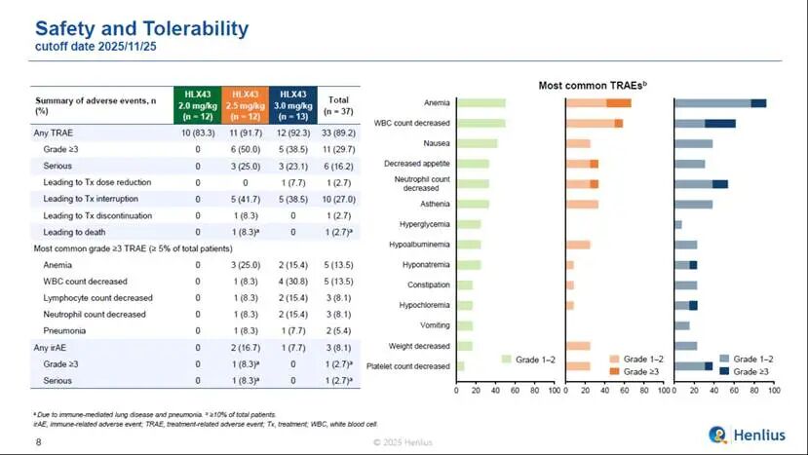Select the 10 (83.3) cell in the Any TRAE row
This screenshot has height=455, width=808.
pos(198,132)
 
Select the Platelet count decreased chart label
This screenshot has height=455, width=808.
pos(406,366)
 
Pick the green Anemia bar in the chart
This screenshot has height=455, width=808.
pos(481,103)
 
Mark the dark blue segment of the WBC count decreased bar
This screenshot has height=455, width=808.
pos(720,124)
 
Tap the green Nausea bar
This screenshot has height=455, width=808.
pos(478,143)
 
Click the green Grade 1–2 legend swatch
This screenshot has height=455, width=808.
pos(506,359)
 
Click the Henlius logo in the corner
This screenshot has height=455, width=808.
pos(745,434)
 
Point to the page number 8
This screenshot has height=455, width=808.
pos(39,442)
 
